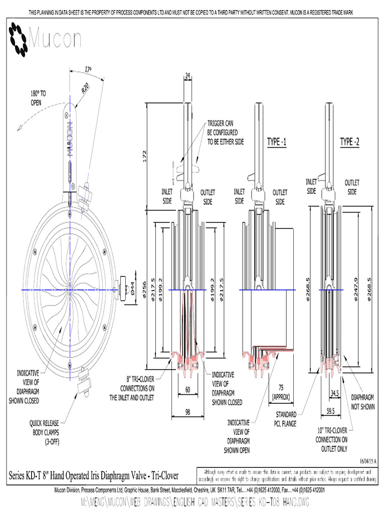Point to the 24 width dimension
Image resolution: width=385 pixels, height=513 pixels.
[x=188, y=76]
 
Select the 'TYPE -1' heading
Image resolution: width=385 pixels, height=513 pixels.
[x=276, y=142]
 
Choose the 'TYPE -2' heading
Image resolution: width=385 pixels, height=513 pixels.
[x=349, y=142]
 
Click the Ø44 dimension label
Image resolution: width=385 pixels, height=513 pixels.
[x=132, y=288]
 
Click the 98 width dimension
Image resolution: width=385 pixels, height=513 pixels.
[x=187, y=412]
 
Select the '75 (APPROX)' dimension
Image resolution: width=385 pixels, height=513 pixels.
[x=281, y=392]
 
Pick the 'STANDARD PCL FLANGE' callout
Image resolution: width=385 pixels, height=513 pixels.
[x=286, y=419]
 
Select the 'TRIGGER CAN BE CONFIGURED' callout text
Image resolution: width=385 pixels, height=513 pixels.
[x=225, y=133]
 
